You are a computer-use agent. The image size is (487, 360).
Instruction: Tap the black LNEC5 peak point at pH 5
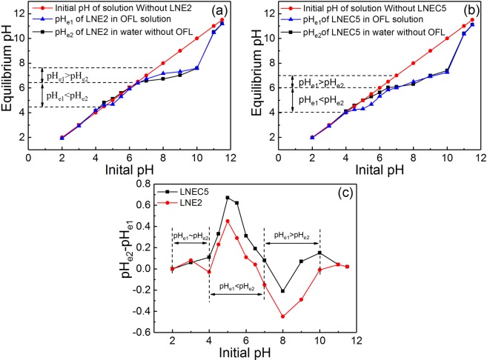pyautogui.click(x=228, y=198)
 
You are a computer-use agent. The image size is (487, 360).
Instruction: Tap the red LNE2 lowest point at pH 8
pyautogui.click(x=282, y=316)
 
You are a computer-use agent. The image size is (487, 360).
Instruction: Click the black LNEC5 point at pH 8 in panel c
pyautogui.click(x=282, y=291)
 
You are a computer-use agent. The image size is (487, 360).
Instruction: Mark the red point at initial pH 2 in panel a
pyautogui.click(x=62, y=137)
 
